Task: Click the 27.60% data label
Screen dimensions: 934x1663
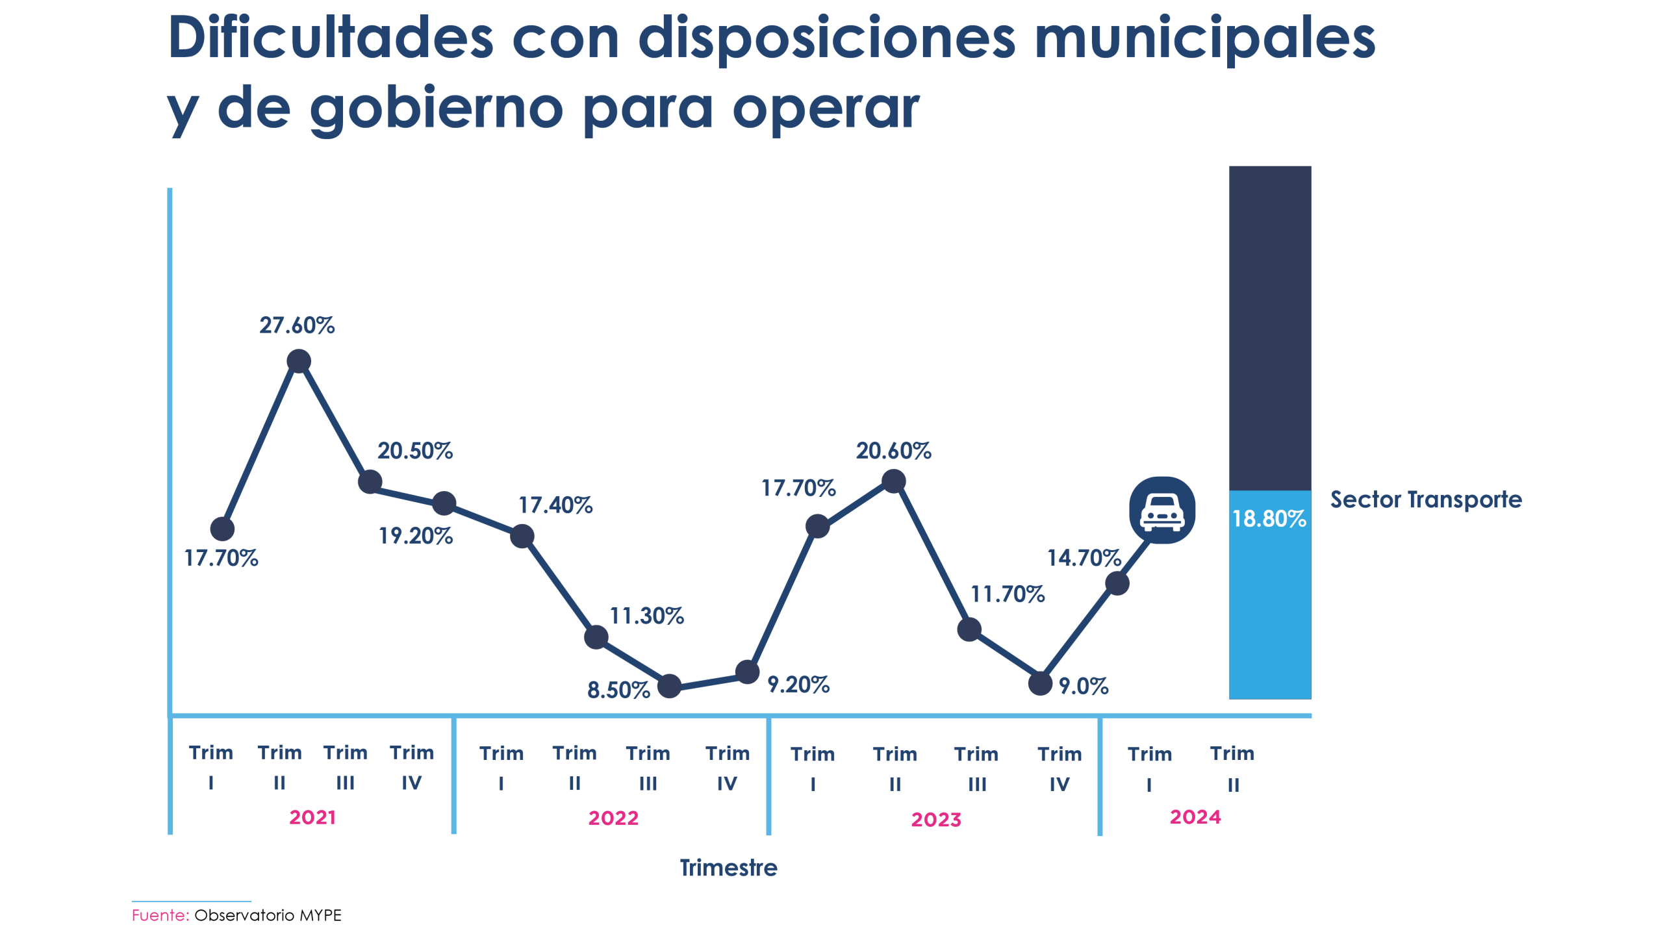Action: tap(297, 325)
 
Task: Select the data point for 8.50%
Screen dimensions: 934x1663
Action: tap(669, 686)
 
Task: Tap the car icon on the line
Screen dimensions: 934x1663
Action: tap(1162, 510)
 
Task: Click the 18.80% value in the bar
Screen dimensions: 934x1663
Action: tap(1269, 518)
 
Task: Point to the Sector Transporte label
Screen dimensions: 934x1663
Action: tap(1425, 499)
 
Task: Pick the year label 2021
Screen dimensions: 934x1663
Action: tap(312, 817)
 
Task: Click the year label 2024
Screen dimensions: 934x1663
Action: tap(1195, 817)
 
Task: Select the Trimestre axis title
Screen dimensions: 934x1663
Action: tap(728, 868)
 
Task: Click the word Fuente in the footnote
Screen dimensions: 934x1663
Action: tap(160, 915)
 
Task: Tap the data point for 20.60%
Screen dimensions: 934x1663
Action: tap(894, 481)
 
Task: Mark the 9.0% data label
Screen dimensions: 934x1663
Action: tap(1084, 686)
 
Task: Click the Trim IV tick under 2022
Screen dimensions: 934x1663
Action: tap(727, 768)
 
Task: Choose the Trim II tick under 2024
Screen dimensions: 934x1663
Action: tap(1232, 768)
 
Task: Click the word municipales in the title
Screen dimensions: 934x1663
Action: tap(1204, 39)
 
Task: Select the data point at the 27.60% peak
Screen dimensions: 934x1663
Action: tap(298, 361)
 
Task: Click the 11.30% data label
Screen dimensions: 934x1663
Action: tap(646, 616)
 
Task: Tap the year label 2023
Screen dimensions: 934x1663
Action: tap(935, 820)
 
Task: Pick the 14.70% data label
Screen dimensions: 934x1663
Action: tap(1084, 557)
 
